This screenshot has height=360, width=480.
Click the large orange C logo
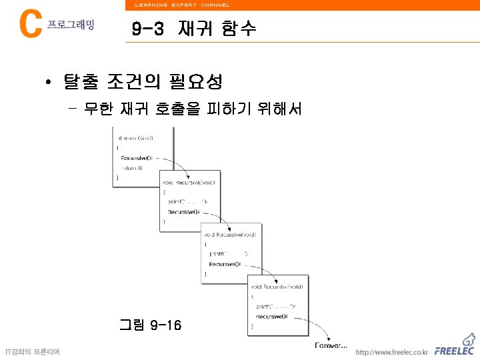pos(31,25)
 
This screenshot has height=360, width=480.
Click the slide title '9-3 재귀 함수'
pos(193,29)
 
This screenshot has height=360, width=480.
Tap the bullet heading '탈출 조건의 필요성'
pos(143,83)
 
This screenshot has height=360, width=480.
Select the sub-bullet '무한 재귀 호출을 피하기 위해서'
pos(193,108)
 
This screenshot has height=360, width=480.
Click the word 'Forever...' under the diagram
pos(331,345)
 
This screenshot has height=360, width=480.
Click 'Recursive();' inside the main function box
pos(136,158)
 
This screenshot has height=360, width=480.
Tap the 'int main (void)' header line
pos(135,138)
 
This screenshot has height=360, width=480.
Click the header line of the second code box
pos(189,182)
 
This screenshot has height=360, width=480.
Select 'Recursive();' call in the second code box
pos(183,211)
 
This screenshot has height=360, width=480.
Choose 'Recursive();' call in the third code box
pos(225,264)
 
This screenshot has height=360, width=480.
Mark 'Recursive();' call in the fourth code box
pos(272,317)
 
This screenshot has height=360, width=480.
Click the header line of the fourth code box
pos(277,287)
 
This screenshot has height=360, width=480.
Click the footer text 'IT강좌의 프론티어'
pos(33,351)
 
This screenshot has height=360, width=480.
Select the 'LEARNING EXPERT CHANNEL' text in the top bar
pos(182,5)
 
